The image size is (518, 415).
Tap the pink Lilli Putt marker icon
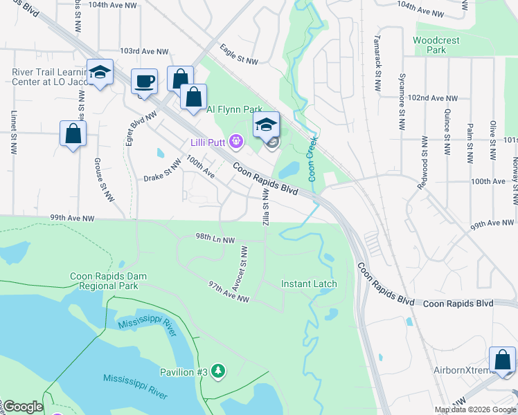pyautogui.click(x=237, y=142)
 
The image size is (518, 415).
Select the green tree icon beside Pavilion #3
pyautogui.click(x=219, y=372)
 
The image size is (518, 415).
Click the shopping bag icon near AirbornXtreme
pyautogui.click(x=502, y=360)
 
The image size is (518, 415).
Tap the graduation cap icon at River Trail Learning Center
pyautogui.click(x=100, y=73)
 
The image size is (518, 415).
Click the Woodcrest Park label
pyautogui.click(x=436, y=45)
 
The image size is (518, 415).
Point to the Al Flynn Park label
pyautogui.click(x=234, y=109)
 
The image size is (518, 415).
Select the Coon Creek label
pyautogui.click(x=312, y=158)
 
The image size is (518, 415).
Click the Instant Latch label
pyautogui.click(x=309, y=284)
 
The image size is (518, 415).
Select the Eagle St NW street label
pyautogui.click(x=239, y=55)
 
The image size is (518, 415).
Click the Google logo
pyautogui.click(x=23, y=407)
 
